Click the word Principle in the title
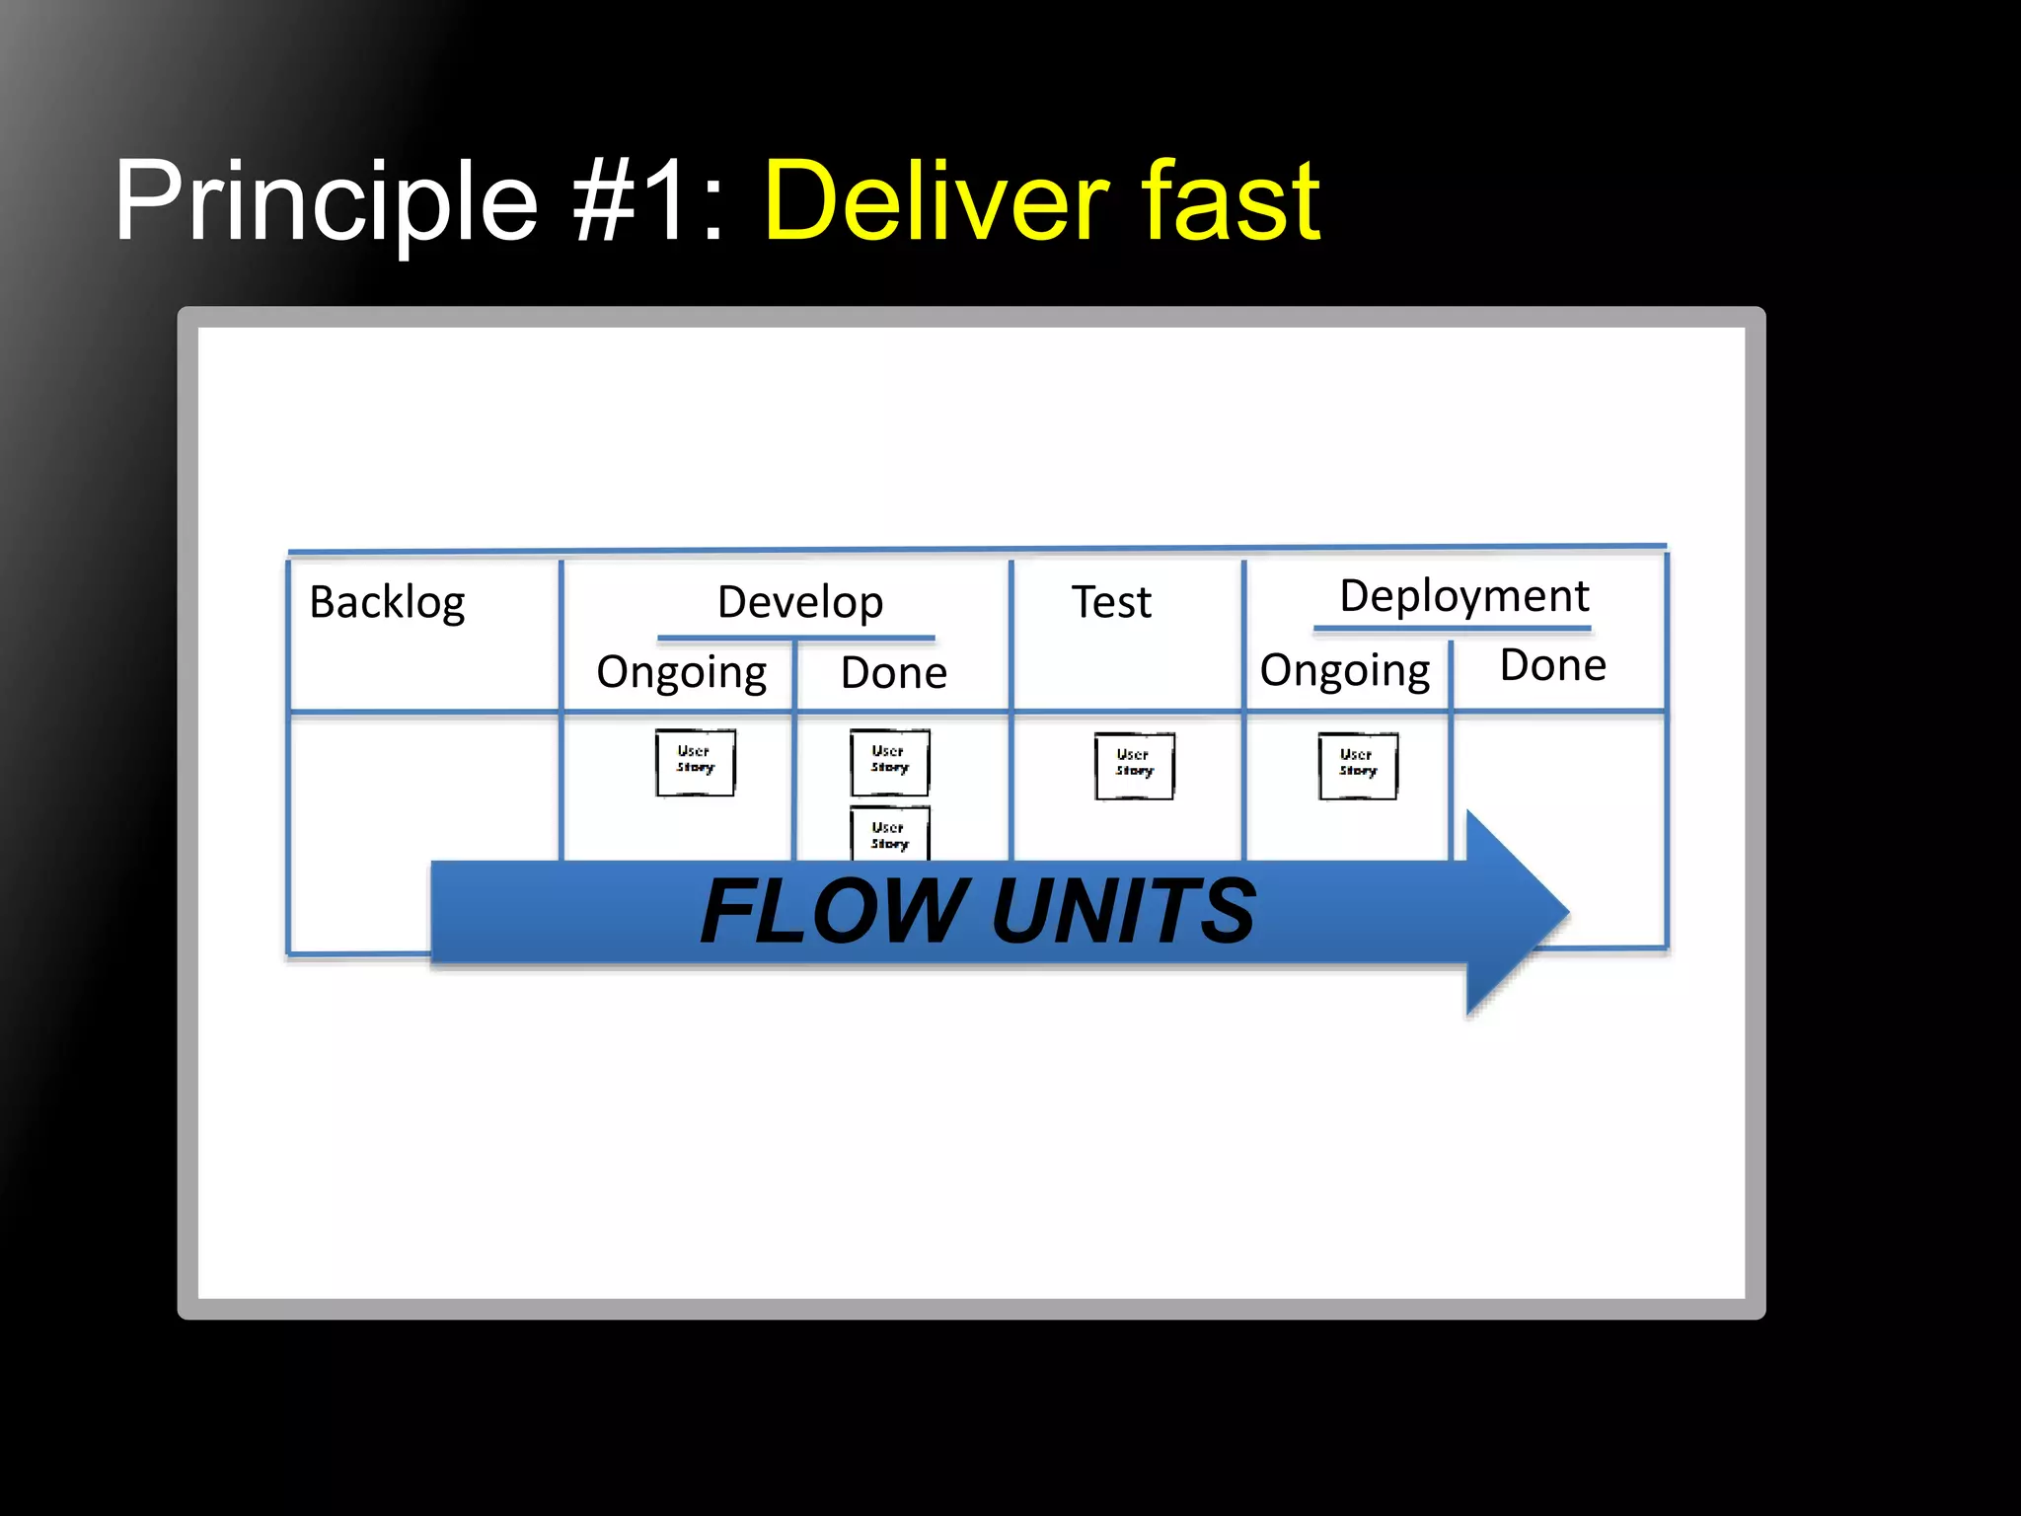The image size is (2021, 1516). click(326, 202)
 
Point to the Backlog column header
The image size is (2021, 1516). click(387, 602)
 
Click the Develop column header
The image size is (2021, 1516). click(799, 602)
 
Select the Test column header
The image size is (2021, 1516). click(1111, 602)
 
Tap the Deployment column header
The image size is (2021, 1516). click(1463, 596)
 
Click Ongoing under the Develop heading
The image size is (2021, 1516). click(681, 673)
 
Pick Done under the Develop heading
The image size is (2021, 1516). click(893, 673)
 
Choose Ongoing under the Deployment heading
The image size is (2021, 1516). click(1344, 671)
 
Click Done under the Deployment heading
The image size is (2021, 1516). click(1552, 666)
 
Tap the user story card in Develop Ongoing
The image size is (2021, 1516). click(696, 762)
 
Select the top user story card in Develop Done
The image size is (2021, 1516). click(890, 762)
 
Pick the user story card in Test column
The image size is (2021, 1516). click(1135, 766)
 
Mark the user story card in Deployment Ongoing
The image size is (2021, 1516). click(1358, 766)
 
